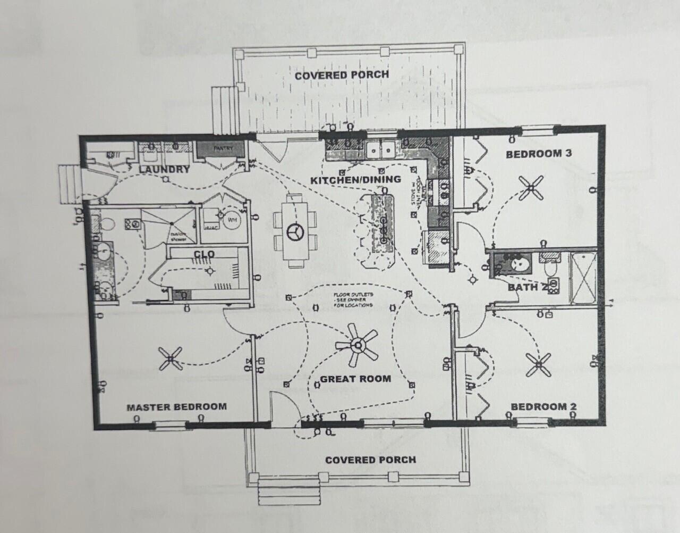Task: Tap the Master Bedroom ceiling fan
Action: tap(170, 359)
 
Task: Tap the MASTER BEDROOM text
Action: tap(176, 407)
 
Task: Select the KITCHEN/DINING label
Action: tap(355, 180)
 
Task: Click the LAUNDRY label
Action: tap(164, 170)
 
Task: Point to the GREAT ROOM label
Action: tap(355, 379)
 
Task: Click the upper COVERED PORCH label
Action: tap(342, 75)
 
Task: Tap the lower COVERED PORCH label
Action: tap(370, 460)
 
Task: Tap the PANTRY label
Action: tap(220, 149)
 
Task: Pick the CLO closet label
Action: tap(204, 254)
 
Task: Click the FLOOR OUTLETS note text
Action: tap(353, 299)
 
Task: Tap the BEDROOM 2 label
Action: tap(543, 407)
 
